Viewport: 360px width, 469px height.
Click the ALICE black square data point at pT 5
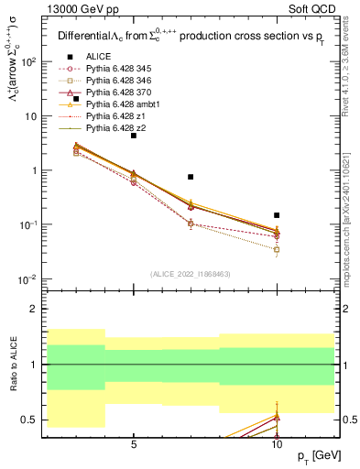[134, 135]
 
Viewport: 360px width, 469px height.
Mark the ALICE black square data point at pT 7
[191, 177]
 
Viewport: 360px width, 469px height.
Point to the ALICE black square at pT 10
[277, 215]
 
